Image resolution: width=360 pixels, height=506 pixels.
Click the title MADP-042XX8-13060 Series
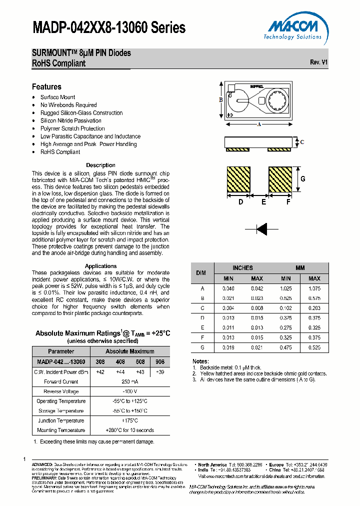109,28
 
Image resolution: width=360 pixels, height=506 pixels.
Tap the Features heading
46,86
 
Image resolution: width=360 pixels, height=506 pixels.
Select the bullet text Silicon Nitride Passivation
70,120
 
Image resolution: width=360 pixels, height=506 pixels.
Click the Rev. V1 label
319,62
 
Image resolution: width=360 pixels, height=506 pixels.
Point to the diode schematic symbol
261,229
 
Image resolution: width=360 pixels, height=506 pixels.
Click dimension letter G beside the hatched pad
302,179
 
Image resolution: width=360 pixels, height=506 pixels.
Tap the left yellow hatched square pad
238,179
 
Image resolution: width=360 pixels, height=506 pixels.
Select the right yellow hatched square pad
279,179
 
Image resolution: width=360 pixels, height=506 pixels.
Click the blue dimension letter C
302,142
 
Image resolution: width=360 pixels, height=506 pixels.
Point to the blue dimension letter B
221,100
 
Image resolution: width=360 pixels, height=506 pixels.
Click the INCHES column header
242,268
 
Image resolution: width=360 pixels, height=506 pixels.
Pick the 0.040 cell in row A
228,288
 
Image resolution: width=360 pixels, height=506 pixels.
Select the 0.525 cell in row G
314,347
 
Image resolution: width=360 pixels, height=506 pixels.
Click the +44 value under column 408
120,371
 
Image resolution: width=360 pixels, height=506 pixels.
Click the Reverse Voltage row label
61,391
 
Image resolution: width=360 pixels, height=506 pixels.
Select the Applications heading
100,266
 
